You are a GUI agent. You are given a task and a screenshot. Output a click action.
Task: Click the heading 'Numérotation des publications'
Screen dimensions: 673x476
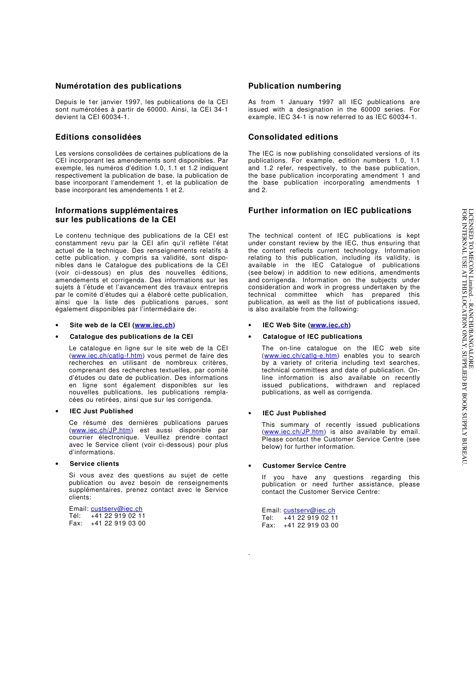pos(118,86)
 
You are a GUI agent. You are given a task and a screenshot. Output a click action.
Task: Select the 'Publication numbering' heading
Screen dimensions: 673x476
pos(294,86)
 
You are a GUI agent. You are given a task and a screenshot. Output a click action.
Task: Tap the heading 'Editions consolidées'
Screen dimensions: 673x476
pos(98,137)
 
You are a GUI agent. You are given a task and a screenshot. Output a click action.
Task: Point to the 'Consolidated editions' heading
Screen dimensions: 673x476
pos(293,137)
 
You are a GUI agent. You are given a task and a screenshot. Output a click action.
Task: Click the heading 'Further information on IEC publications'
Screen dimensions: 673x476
pos(329,211)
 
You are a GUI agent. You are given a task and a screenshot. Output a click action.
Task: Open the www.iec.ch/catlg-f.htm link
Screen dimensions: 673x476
pos(107,356)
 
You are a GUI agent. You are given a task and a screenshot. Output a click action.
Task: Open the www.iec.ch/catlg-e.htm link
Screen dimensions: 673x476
pos(300,356)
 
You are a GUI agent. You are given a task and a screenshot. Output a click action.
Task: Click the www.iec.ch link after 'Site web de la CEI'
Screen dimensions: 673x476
pos(153,325)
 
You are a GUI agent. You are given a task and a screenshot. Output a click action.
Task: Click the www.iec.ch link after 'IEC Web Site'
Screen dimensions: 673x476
pos(329,325)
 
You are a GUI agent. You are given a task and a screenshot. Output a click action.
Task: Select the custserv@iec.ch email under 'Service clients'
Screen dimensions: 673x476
pos(116,509)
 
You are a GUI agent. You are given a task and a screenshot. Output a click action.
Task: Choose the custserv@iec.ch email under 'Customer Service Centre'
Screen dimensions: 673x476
pos(309,510)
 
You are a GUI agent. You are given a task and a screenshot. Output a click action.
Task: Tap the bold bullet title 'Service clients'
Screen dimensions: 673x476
pos(94,464)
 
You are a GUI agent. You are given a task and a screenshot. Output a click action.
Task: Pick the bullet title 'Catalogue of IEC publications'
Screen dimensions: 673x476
pos(312,337)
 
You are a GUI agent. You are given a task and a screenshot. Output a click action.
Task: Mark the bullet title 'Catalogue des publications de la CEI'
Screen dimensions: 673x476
pos(131,337)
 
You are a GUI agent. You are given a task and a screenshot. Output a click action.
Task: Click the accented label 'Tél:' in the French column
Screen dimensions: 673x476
pos(75,516)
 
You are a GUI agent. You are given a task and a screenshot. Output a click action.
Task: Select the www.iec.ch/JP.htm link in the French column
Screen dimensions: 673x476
pos(101,430)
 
